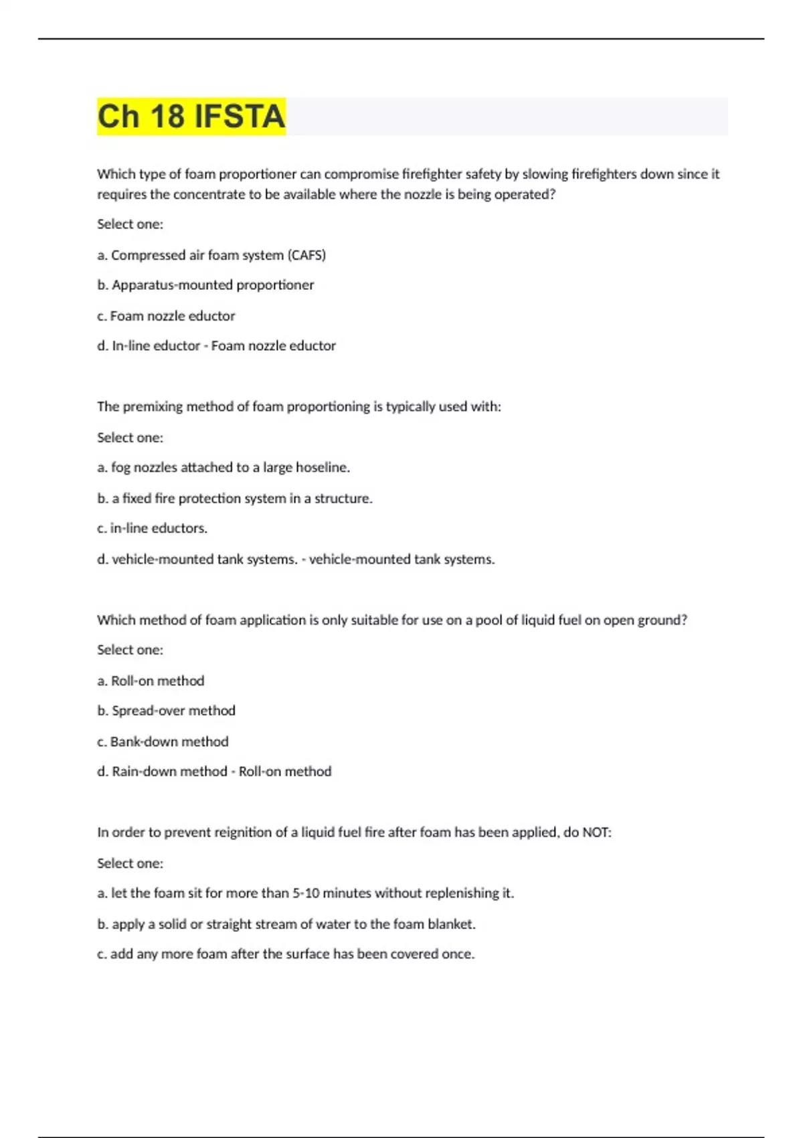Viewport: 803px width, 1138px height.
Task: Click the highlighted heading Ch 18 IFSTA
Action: [191, 116]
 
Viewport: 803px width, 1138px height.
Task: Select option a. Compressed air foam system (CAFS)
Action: [211, 255]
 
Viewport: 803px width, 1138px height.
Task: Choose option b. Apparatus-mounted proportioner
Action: [205, 285]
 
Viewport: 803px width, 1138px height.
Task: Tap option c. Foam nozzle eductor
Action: [166, 316]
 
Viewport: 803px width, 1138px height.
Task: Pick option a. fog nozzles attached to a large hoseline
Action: [224, 467]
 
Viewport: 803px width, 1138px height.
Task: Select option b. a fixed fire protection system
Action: [234, 498]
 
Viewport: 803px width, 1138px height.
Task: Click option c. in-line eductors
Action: [152, 528]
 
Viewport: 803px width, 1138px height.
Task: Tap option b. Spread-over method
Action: [166, 710]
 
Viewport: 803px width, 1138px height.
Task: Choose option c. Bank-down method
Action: [163, 742]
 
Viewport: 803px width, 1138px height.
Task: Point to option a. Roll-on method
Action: [151, 681]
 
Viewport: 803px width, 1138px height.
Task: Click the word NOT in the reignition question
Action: [596, 832]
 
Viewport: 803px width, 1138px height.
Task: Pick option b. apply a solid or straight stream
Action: [286, 924]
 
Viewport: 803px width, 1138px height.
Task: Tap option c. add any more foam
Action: [286, 954]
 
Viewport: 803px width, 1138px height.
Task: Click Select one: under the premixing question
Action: [130, 437]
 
